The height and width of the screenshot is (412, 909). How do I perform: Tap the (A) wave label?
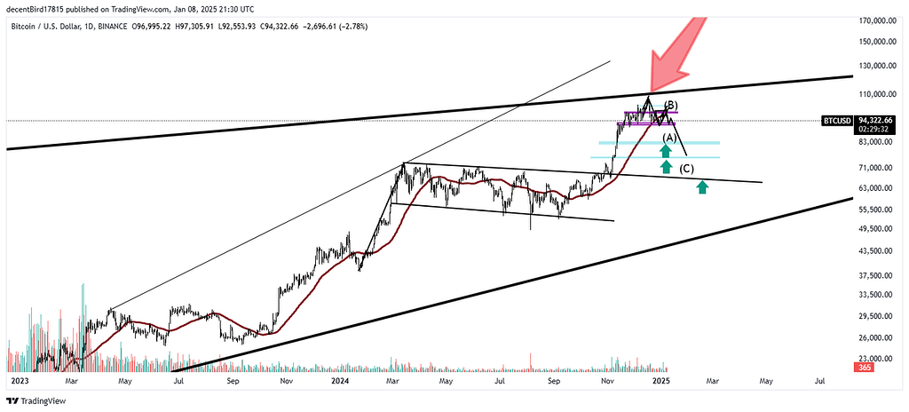(x=670, y=138)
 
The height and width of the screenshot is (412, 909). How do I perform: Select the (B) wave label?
(x=672, y=106)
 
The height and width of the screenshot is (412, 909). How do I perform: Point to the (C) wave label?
(x=687, y=169)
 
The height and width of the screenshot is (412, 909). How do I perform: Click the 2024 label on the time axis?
(x=340, y=380)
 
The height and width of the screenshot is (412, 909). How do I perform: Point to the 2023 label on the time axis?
(x=20, y=380)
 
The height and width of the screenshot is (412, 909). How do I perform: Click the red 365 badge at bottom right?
(x=862, y=368)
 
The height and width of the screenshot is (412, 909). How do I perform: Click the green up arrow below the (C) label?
(x=702, y=186)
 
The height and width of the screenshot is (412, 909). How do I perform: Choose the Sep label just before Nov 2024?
(x=554, y=380)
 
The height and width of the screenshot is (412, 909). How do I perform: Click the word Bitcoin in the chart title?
(x=25, y=27)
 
